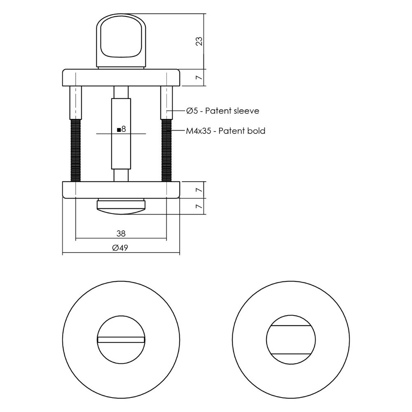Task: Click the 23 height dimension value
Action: tap(199, 41)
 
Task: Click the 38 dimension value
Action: tap(121, 234)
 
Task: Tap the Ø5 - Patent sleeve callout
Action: tap(222, 110)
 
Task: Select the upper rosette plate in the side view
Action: tap(121, 77)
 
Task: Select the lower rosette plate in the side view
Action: tap(121, 189)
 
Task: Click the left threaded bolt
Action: tap(76, 149)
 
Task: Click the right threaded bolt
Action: tap(166, 149)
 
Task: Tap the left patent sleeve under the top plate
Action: tap(76, 101)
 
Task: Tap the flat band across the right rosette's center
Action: tap(291, 340)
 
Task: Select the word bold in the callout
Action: tap(256, 131)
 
